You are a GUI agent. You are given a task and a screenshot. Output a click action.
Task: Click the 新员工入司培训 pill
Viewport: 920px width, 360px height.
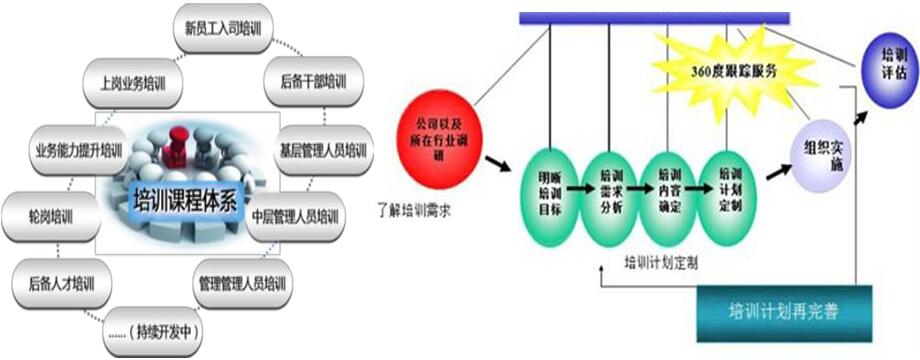point(222,29)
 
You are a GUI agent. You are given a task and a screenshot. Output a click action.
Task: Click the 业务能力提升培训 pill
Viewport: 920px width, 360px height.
point(78,151)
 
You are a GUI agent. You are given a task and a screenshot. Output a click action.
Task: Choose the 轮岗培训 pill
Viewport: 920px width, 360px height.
point(52,215)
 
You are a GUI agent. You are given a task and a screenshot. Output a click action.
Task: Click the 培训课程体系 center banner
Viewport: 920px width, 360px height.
point(183,194)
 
